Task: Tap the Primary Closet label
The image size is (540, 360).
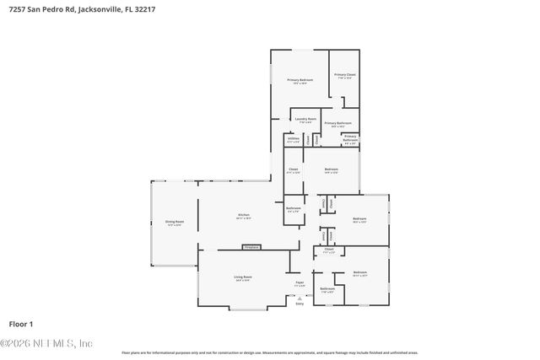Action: pyautogui.click(x=344, y=76)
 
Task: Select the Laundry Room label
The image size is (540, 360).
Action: pyautogui.click(x=305, y=121)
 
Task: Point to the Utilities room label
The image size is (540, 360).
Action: pyautogui.click(x=293, y=140)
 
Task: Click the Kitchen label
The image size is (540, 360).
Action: pyautogui.click(x=243, y=216)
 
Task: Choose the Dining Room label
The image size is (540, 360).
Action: pyautogui.click(x=175, y=223)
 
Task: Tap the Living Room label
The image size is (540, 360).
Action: pyautogui.click(x=243, y=277)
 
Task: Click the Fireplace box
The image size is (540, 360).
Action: pyautogui.click(x=251, y=247)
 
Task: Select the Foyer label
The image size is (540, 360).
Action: pyautogui.click(x=299, y=283)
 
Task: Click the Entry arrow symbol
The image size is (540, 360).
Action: pyautogui.click(x=299, y=297)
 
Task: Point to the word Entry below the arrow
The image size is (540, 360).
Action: pyautogui.click(x=299, y=304)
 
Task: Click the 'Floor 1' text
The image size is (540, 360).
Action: pyautogui.click(x=20, y=324)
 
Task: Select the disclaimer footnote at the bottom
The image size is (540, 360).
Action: pyautogui.click(x=269, y=352)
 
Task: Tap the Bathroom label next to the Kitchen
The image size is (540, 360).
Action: pyautogui.click(x=293, y=208)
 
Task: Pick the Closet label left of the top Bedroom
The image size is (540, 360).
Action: pyautogui.click(x=293, y=170)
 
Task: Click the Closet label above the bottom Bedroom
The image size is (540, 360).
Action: pyautogui.click(x=329, y=250)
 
